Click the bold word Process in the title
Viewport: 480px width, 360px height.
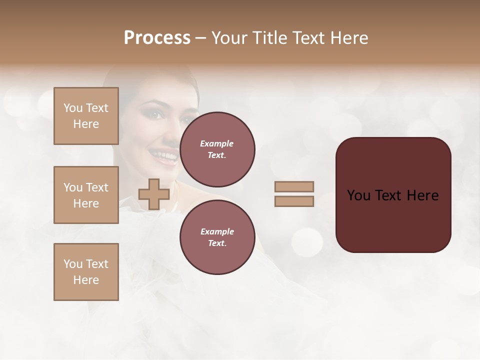click(x=157, y=38)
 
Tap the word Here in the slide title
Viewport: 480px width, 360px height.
click(x=347, y=38)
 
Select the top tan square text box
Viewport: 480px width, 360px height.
click(x=86, y=116)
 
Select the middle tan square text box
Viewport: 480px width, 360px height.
click(x=86, y=195)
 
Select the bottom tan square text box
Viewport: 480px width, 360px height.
click(x=86, y=271)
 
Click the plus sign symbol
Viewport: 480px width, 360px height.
click(x=153, y=194)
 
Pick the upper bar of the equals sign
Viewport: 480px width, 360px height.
click(x=294, y=186)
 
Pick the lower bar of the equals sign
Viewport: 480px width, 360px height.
click(x=294, y=201)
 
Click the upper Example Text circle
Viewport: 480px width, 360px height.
click(x=217, y=149)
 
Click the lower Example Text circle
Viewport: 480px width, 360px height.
click(x=217, y=237)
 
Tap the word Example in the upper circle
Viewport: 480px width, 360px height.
click(x=217, y=143)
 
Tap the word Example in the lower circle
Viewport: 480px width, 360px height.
click(x=217, y=231)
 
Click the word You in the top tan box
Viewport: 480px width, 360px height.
click(x=72, y=108)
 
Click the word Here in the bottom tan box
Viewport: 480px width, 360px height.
click(x=86, y=280)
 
